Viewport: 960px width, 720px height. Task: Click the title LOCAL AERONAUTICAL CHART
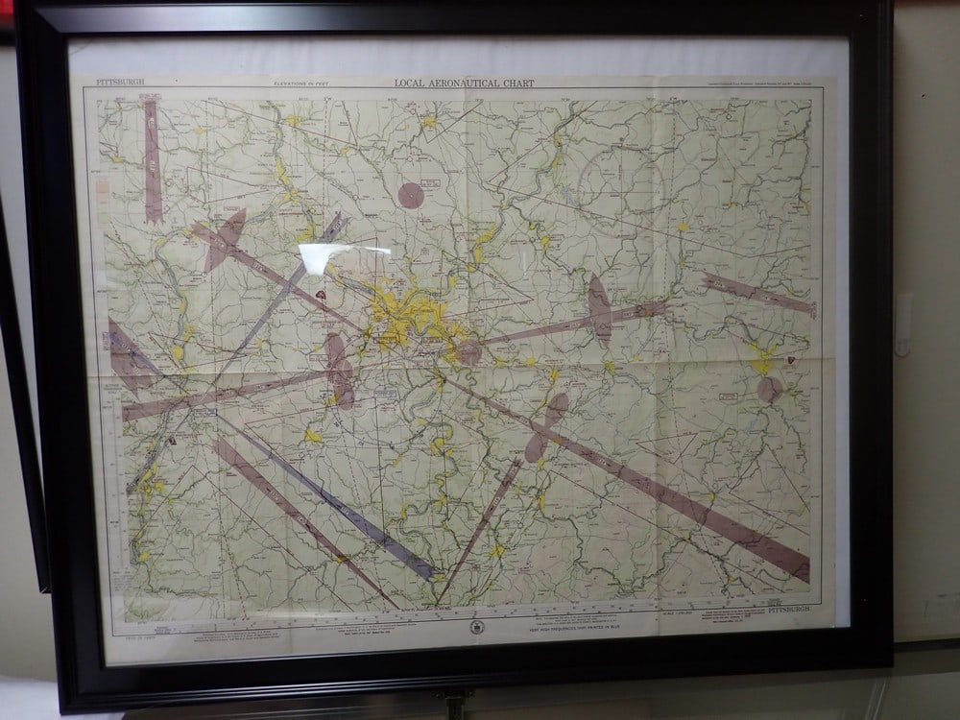[465, 84]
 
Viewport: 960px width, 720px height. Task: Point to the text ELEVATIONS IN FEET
[300, 84]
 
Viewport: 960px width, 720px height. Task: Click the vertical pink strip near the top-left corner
[152, 159]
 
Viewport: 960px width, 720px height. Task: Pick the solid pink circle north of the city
[412, 195]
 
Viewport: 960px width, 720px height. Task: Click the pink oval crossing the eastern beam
[600, 312]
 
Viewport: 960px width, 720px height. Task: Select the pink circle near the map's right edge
[770, 389]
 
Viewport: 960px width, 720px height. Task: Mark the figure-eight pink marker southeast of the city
[546, 423]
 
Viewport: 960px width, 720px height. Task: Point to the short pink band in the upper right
[758, 293]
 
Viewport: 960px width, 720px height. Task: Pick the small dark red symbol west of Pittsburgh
[317, 297]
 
